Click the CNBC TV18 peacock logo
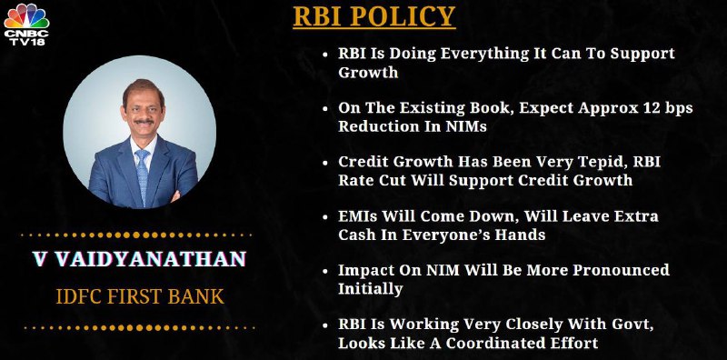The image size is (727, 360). [x=26, y=25]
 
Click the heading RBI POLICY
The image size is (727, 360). [x=374, y=16]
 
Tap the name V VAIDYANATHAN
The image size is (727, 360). [x=139, y=259]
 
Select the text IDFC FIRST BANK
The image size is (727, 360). [x=140, y=296]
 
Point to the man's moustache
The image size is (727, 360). [x=144, y=122]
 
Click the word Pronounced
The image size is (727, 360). [x=622, y=270]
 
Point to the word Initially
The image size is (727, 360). [x=370, y=289]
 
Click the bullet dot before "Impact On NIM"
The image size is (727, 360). [x=325, y=271]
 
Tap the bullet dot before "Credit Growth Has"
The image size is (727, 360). [x=325, y=163]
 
